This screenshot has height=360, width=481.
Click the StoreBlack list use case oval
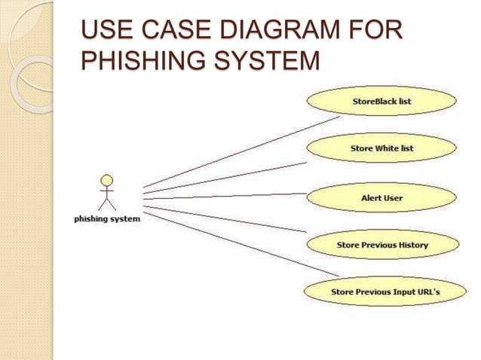point(381,101)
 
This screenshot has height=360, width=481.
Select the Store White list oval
point(381,148)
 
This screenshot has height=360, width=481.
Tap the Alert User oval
point(381,198)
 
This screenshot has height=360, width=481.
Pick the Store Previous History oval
point(381,245)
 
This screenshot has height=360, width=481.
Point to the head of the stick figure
point(107,181)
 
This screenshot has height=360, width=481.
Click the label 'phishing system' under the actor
point(106,219)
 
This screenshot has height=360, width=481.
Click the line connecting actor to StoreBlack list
point(241,151)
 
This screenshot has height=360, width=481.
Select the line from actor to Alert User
point(226,197)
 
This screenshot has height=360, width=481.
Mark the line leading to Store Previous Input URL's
point(241,245)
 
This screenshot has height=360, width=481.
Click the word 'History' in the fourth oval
point(411,245)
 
